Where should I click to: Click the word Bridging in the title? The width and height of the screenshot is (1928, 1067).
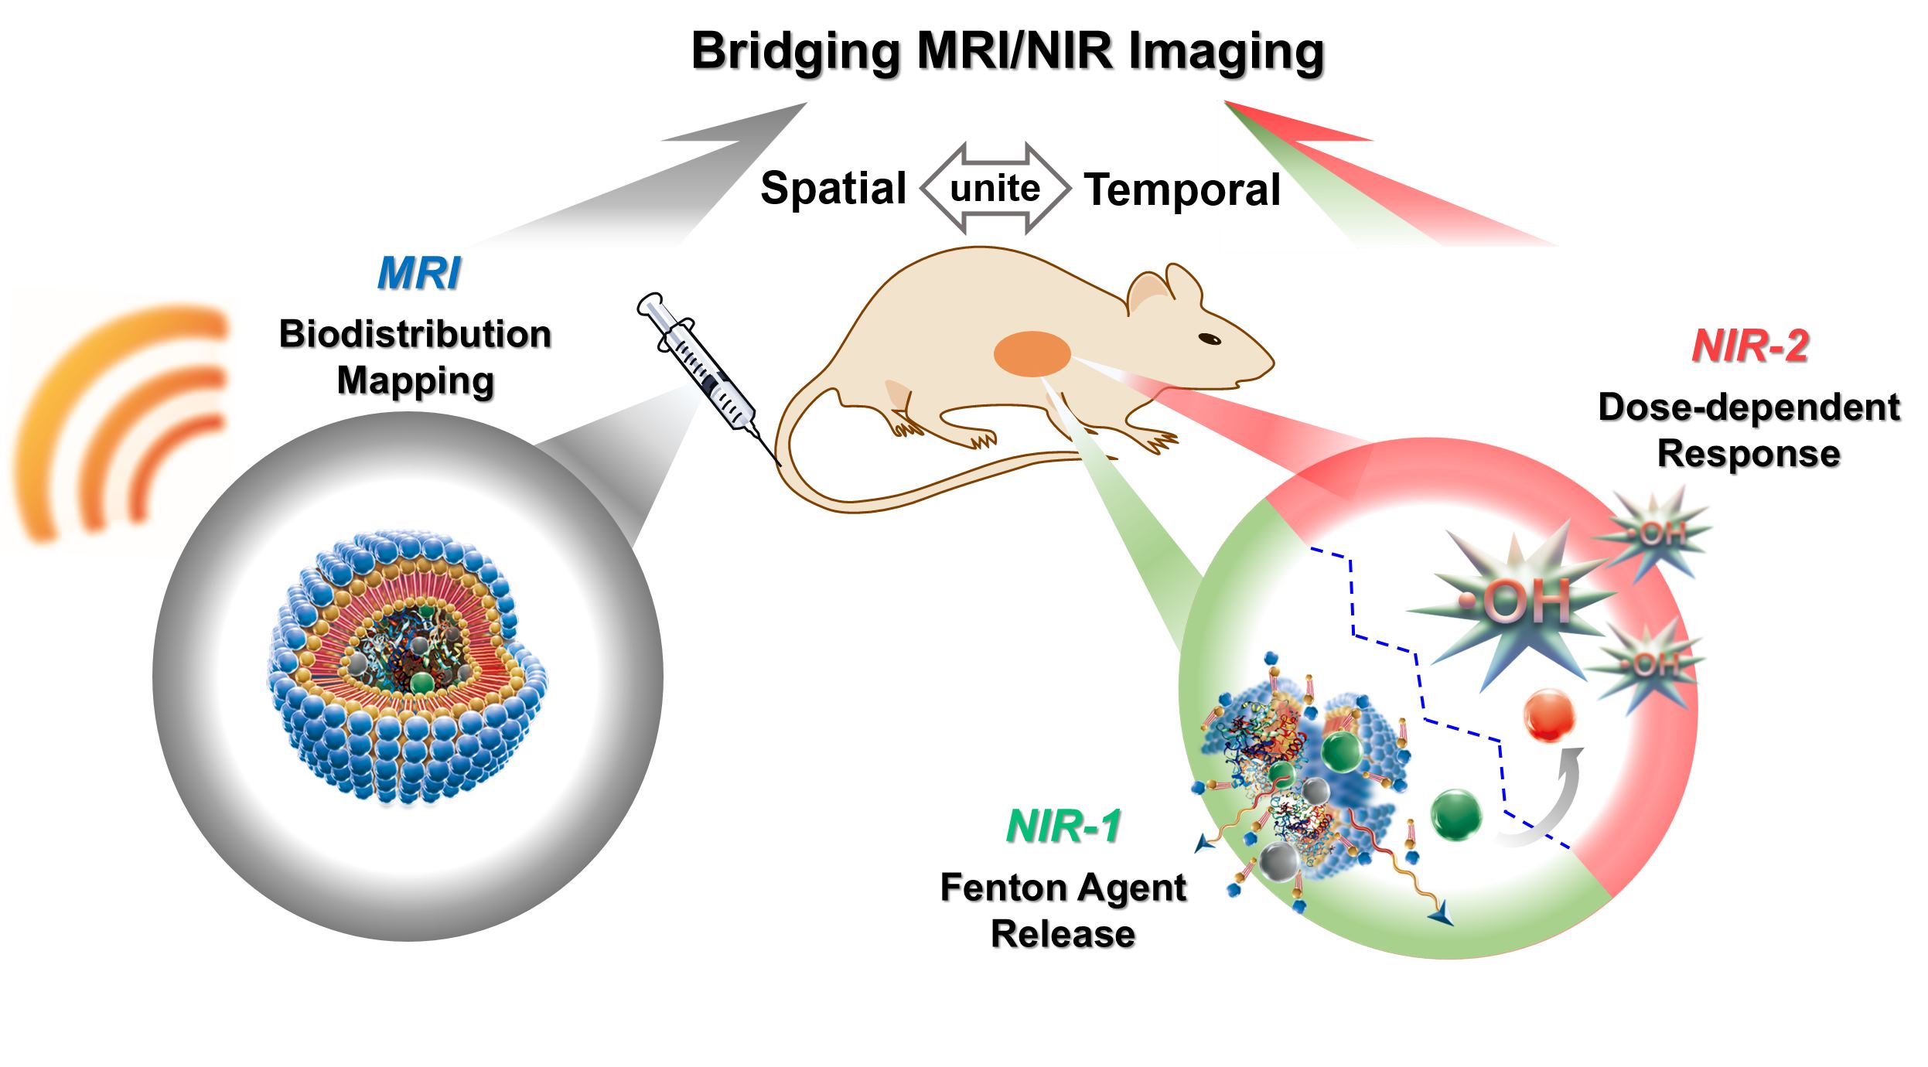point(796,53)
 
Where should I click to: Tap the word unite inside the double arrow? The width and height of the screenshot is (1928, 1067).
point(995,188)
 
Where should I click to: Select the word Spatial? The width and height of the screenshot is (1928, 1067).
point(833,188)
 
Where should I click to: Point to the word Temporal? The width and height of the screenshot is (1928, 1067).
point(1182,189)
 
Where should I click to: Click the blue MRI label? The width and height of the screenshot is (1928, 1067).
point(418,273)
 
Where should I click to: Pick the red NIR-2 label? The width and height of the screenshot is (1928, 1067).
point(1749,346)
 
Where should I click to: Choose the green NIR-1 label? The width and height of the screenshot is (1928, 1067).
point(1063,826)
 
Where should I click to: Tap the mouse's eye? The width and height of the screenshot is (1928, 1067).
point(1208,338)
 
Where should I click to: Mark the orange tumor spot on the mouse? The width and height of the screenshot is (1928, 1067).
point(1032,353)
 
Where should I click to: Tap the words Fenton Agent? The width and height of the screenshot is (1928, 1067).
point(1063,888)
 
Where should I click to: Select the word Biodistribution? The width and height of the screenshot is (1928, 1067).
point(415,334)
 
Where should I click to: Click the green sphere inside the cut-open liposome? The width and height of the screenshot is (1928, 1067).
point(421,680)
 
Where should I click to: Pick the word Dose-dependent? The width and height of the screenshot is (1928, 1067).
point(1749,407)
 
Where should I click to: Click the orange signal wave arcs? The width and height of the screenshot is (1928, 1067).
point(116,418)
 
